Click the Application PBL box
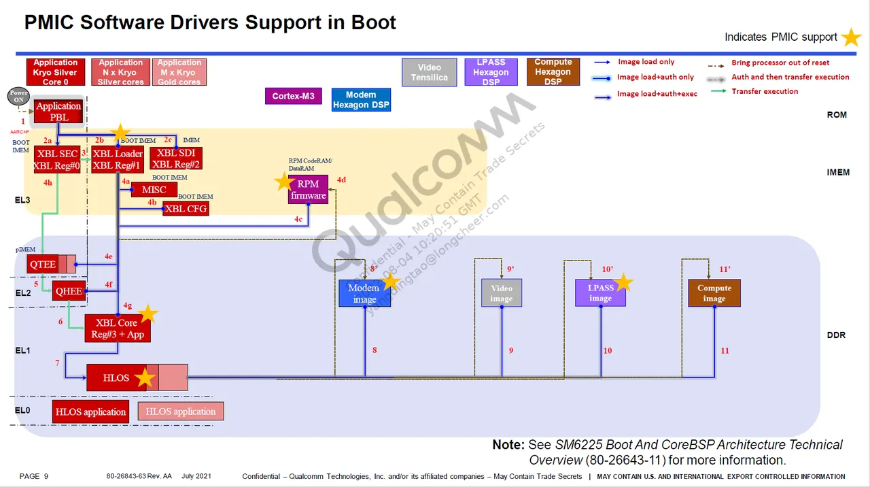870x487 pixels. click(58, 112)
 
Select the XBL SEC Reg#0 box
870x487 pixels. click(57, 159)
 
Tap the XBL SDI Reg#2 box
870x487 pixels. click(176, 159)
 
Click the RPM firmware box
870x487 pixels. click(308, 190)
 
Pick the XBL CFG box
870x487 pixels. click(186, 209)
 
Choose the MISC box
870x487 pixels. click(154, 190)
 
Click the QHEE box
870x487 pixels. click(69, 291)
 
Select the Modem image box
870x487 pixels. click(364, 293)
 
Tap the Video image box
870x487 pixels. click(502, 293)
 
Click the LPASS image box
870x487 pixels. click(600, 292)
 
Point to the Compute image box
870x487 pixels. click(714, 293)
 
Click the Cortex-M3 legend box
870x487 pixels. click(293, 96)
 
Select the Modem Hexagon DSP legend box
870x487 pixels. click(361, 99)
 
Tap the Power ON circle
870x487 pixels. click(19, 96)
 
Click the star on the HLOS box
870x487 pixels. click(144, 377)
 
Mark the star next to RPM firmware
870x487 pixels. click(284, 182)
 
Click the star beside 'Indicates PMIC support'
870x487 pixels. click(851, 37)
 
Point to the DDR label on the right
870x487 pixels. click(836, 335)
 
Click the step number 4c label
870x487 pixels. click(298, 219)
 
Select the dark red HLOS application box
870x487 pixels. click(90, 412)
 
